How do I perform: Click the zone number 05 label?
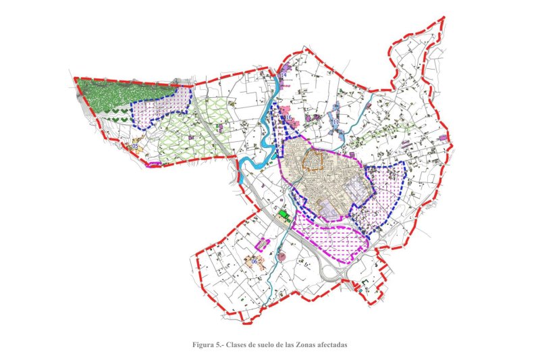(135, 146)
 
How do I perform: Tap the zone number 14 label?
(283, 75)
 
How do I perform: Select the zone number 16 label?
(288, 118)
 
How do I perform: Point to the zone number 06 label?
(254, 261)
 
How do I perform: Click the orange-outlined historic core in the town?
(313, 161)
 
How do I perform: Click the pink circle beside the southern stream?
(281, 256)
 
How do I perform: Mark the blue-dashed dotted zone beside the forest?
(162, 108)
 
